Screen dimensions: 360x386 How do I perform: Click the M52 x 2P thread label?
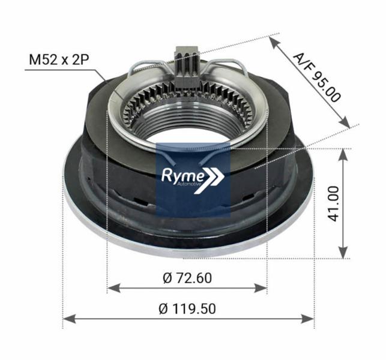(59, 60)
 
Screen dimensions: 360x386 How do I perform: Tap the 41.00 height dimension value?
(334, 203)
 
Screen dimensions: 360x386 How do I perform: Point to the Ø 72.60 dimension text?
(187, 278)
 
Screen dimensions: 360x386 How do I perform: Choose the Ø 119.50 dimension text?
(187, 308)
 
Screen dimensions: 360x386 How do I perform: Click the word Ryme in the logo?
(184, 175)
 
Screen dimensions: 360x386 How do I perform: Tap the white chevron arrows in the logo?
(216, 176)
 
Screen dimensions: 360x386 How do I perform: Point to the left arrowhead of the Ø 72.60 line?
(111, 288)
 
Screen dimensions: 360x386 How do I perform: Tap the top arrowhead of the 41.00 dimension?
(343, 153)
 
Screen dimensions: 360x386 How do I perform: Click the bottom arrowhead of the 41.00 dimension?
(343, 254)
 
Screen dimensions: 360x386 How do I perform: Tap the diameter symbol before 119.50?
(163, 308)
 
